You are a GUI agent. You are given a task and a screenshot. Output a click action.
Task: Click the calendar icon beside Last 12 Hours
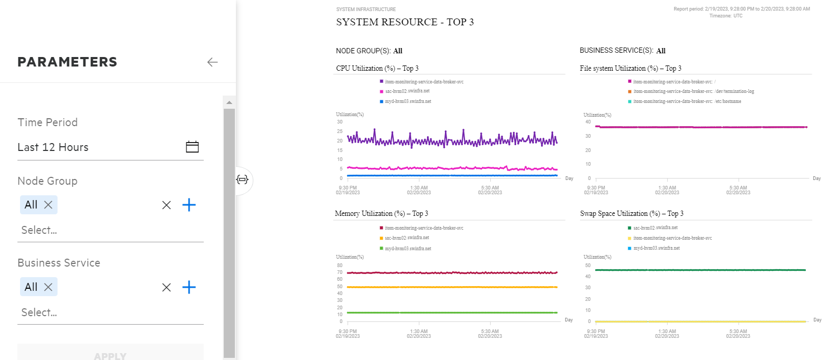(x=192, y=147)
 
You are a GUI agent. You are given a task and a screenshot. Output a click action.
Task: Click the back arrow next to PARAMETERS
(x=212, y=62)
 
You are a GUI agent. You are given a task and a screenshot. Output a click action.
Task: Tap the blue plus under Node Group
(x=189, y=205)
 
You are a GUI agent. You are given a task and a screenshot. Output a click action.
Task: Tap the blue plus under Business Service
(x=189, y=287)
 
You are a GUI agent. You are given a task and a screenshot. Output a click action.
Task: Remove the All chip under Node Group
(x=48, y=205)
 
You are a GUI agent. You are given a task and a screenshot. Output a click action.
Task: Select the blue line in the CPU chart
(x=449, y=175)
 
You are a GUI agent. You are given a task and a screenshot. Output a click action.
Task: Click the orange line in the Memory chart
(x=449, y=287)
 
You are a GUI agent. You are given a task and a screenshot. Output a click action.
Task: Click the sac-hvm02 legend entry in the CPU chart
(x=407, y=91)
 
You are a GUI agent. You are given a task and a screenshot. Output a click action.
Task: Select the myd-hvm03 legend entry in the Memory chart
(x=408, y=249)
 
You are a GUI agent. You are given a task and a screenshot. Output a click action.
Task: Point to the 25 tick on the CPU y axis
(x=340, y=131)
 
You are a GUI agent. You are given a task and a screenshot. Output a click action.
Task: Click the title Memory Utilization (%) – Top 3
(x=382, y=214)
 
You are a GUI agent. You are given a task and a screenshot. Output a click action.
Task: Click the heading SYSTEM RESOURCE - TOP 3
(x=405, y=22)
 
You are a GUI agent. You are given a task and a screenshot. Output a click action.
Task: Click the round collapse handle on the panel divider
(x=242, y=179)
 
